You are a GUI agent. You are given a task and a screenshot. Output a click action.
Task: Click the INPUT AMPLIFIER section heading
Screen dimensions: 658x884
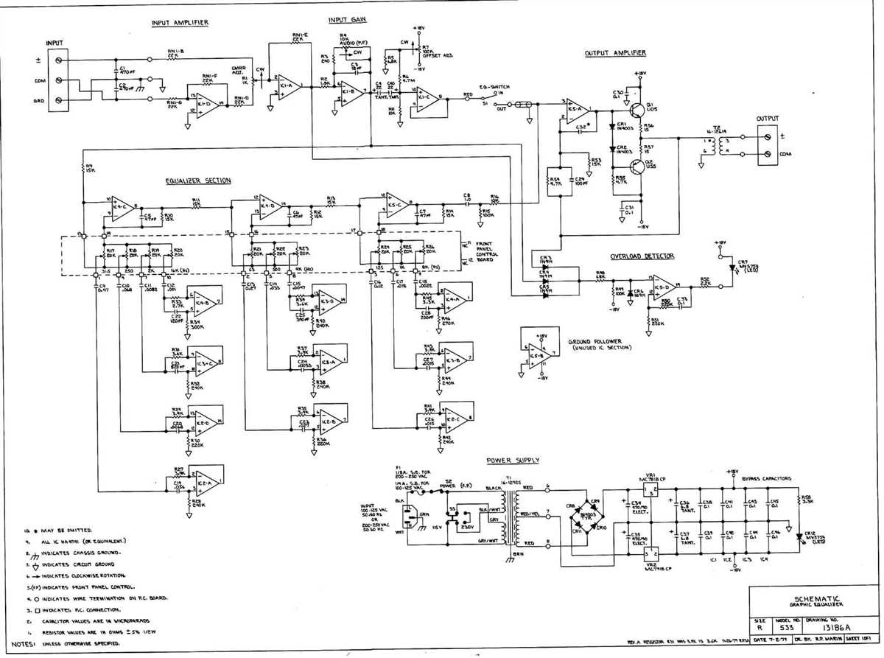coord(180,23)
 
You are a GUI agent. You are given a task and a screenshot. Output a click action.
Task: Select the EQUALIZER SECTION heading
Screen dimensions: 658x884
coord(197,181)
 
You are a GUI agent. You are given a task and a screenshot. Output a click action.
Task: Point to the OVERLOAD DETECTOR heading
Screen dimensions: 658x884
coord(641,256)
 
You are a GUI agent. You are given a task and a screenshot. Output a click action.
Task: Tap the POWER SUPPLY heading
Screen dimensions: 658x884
coord(513,461)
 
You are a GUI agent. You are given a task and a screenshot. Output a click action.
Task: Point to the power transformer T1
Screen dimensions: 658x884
coord(507,516)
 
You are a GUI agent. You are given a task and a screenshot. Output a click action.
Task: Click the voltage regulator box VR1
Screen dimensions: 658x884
coord(650,490)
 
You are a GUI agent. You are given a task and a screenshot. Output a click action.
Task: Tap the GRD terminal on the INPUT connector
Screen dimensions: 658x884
coord(59,101)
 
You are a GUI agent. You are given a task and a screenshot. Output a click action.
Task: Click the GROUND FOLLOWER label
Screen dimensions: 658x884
coord(595,342)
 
